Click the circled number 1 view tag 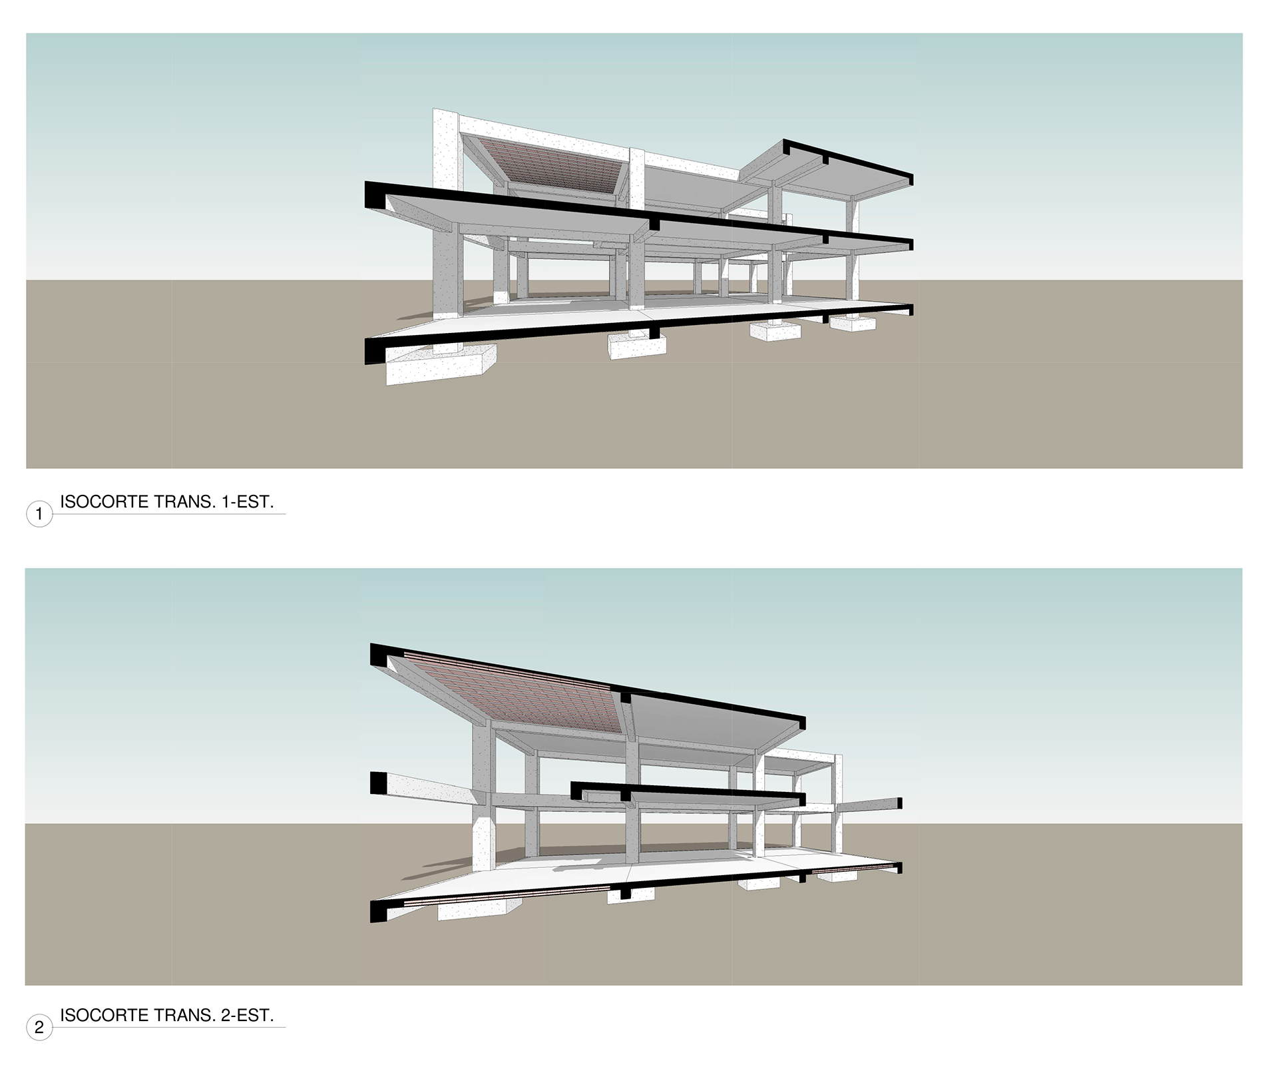[x=39, y=514]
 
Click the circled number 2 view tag [x=39, y=1028]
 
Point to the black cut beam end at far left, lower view [x=378, y=783]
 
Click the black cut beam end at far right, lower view [x=899, y=803]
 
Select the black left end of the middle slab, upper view [x=377, y=194]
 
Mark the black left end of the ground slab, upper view [x=375, y=351]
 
